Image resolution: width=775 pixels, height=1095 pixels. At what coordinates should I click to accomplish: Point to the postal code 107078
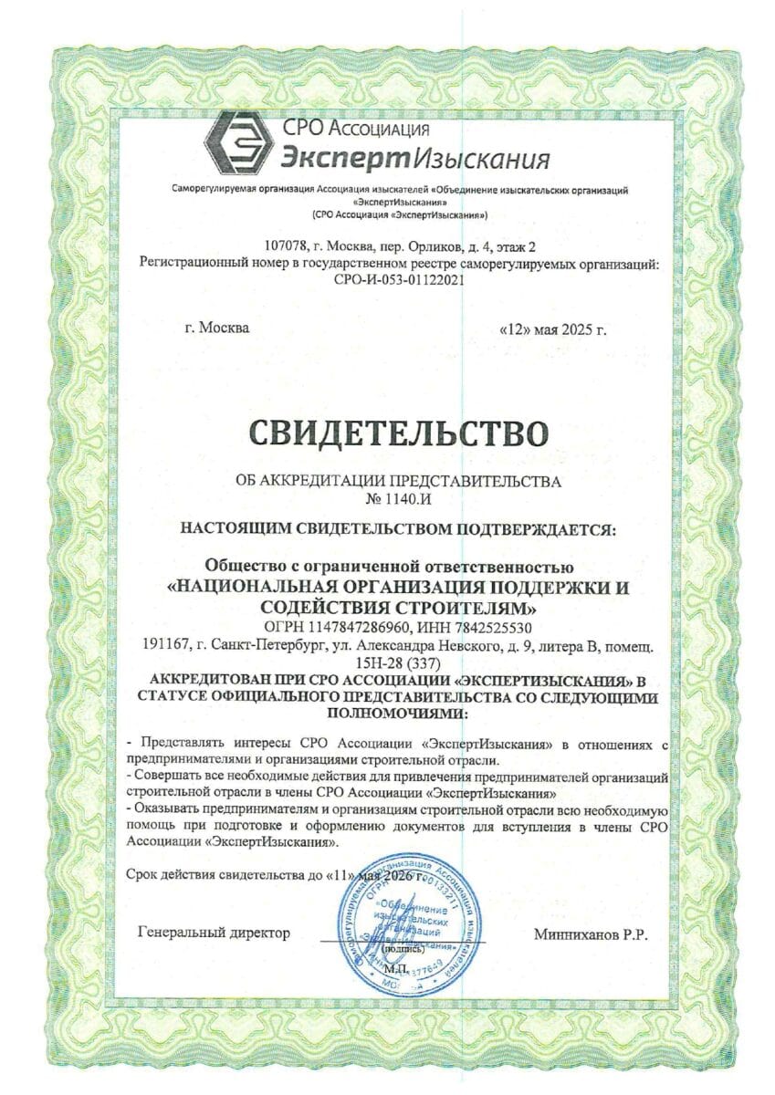287,246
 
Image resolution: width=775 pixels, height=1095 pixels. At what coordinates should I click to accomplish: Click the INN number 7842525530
491,628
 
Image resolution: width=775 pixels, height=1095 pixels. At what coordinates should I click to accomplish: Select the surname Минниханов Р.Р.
592,933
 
